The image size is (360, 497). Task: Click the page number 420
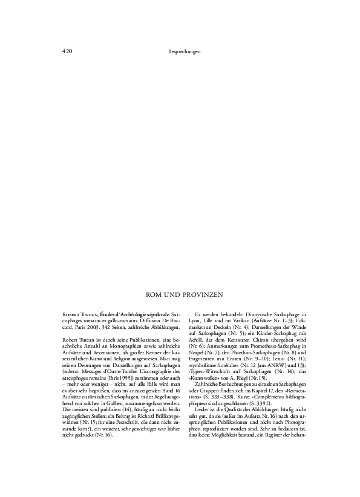(x=67, y=51)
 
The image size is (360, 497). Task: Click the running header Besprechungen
(x=184, y=51)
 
